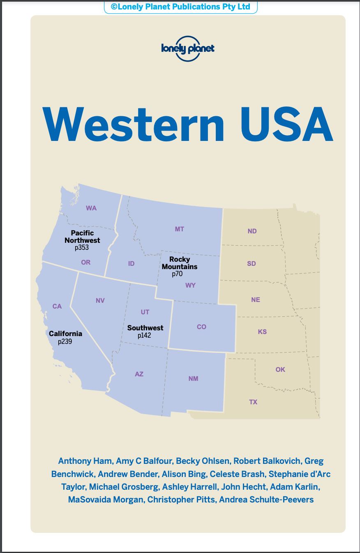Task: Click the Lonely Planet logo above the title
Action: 188,49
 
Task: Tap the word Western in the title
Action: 134,124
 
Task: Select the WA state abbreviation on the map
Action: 91,208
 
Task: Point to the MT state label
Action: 180,229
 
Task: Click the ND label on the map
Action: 252,231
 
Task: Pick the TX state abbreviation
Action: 253,402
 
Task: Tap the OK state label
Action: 280,369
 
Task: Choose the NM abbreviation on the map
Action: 193,378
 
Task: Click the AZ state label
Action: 139,374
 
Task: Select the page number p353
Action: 82,248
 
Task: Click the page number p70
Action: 177,274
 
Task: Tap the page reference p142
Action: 145,335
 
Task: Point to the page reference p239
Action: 65,341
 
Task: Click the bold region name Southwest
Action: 145,328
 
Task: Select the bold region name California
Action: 65,334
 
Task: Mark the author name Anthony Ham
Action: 85,461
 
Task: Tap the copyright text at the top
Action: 180,7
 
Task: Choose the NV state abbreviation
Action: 100,300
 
